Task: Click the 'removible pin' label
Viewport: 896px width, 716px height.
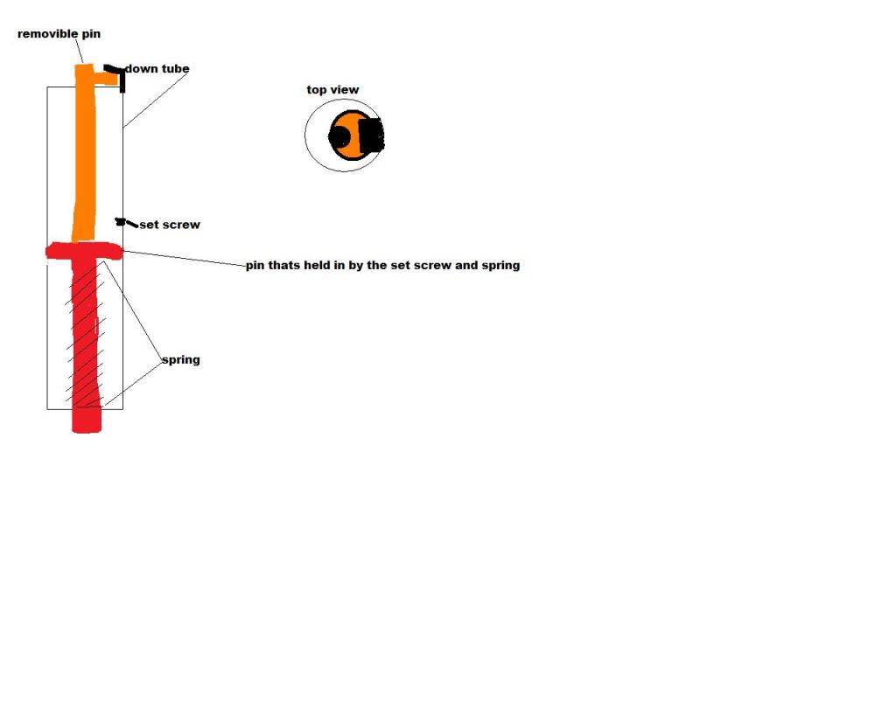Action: pyautogui.click(x=59, y=34)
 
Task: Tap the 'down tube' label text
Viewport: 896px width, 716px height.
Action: pyautogui.click(x=157, y=68)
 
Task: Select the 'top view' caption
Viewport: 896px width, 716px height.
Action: pyautogui.click(x=332, y=90)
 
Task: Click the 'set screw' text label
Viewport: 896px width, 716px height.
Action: pyautogui.click(x=170, y=225)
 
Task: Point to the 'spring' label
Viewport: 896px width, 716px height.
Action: pyautogui.click(x=181, y=359)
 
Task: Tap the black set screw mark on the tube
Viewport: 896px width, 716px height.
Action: pyautogui.click(x=121, y=221)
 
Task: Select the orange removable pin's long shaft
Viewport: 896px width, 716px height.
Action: pyautogui.click(x=85, y=153)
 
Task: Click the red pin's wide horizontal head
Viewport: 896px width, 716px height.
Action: pyautogui.click(x=85, y=251)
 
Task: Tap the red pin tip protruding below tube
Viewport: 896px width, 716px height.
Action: pyautogui.click(x=87, y=421)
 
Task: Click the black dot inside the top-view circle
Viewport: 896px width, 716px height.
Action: pyautogui.click(x=339, y=137)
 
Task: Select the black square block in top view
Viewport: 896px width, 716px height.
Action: pyautogui.click(x=372, y=136)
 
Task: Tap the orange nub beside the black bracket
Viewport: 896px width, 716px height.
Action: pyautogui.click(x=106, y=79)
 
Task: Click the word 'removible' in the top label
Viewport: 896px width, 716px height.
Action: pyautogui.click(x=48, y=34)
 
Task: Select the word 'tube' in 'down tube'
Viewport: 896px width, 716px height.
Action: pyautogui.click(x=174, y=68)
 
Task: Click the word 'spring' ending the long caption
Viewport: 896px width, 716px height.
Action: pyautogui.click(x=500, y=266)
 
